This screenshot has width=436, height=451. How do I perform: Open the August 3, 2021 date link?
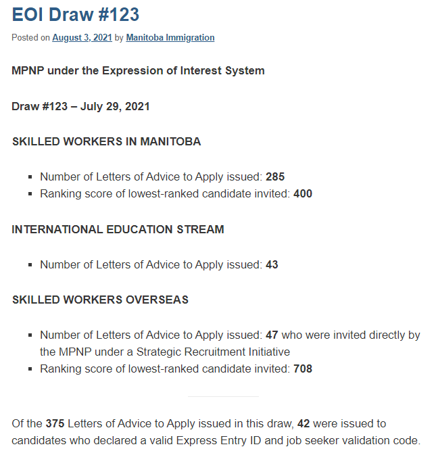pos(82,38)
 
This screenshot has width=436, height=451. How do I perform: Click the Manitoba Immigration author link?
pos(170,38)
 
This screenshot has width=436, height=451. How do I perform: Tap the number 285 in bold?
pos(275,177)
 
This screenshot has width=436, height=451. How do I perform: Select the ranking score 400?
pos(303,193)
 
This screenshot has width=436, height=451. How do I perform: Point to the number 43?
pos(272,264)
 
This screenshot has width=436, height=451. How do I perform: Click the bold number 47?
pos(272,335)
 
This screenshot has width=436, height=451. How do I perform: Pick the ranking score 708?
pos(303,369)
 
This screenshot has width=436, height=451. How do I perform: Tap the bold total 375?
pos(55,424)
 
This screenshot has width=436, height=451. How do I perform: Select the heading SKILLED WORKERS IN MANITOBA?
pos(106,142)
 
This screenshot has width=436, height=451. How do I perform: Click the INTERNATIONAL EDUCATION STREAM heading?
pos(118,229)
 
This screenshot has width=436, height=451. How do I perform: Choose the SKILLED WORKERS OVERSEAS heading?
pos(100,300)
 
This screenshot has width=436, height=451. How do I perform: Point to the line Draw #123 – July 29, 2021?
pos(80,106)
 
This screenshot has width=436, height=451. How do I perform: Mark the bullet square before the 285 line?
pos(30,178)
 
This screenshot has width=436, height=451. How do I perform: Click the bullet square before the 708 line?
pos(30,369)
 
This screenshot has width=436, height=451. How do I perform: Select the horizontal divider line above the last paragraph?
pos(223,397)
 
